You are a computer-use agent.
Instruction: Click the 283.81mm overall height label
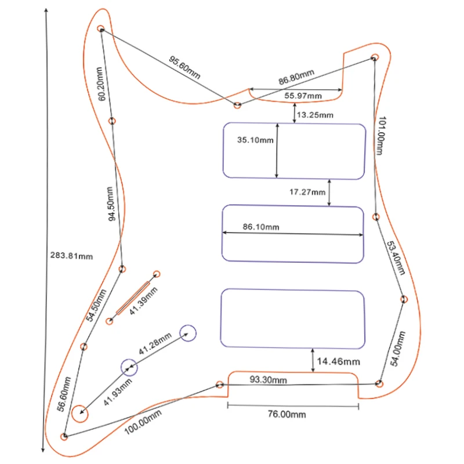(x=72, y=255)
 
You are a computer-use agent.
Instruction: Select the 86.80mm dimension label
(x=296, y=77)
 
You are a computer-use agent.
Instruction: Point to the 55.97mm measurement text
(x=303, y=95)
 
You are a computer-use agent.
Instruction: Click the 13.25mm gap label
(x=315, y=115)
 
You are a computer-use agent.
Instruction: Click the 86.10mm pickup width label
(x=261, y=227)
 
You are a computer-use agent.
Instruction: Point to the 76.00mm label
(x=286, y=414)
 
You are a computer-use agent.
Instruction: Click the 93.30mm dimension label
(x=269, y=380)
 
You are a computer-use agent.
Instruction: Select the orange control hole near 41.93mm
(x=81, y=414)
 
